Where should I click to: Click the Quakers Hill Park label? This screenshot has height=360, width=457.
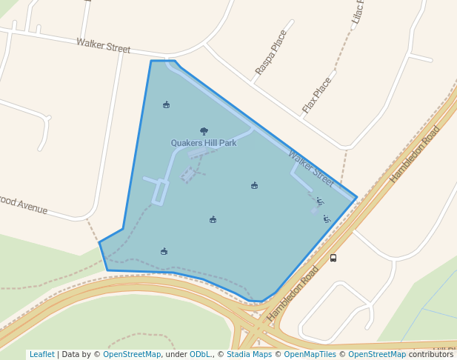pyautogui.click(x=204, y=143)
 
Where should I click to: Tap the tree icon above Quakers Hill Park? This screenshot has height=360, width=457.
pyautogui.click(x=204, y=131)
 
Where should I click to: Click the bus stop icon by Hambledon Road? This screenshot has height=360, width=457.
pyautogui.click(x=333, y=258)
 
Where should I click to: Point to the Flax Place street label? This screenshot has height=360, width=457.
pyautogui.click(x=317, y=96)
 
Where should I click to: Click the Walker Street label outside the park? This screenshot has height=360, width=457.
pyautogui.click(x=103, y=46)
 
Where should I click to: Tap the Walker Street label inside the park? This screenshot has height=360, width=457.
pyautogui.click(x=311, y=168)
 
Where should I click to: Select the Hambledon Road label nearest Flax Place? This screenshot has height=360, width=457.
pyautogui.click(x=415, y=154)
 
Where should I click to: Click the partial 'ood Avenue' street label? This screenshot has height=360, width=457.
pyautogui.click(x=24, y=205)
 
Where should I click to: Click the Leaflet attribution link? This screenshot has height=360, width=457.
pyautogui.click(x=41, y=355)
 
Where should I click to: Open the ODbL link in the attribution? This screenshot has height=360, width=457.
pyautogui.click(x=200, y=355)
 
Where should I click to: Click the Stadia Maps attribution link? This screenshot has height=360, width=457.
pyautogui.click(x=249, y=355)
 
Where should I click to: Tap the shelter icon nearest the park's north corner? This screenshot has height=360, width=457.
pyautogui.click(x=166, y=104)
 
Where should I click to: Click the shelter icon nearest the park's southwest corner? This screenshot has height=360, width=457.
pyautogui.click(x=164, y=251)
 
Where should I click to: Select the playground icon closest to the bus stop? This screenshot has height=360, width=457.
pyautogui.click(x=327, y=219)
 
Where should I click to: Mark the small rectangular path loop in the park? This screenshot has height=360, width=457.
pyautogui.click(x=160, y=192)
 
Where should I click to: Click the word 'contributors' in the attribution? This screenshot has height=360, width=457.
pyautogui.click(x=431, y=355)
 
